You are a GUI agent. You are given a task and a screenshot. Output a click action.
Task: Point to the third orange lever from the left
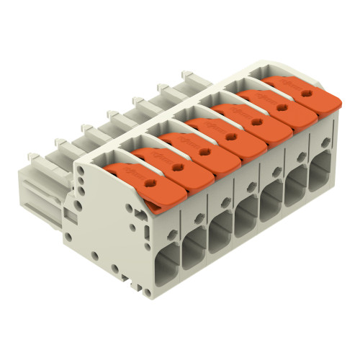pos(192,150)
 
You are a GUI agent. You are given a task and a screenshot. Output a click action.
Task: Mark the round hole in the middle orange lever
pos(231,135)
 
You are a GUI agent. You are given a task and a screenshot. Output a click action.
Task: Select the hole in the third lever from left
pos(204,149)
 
